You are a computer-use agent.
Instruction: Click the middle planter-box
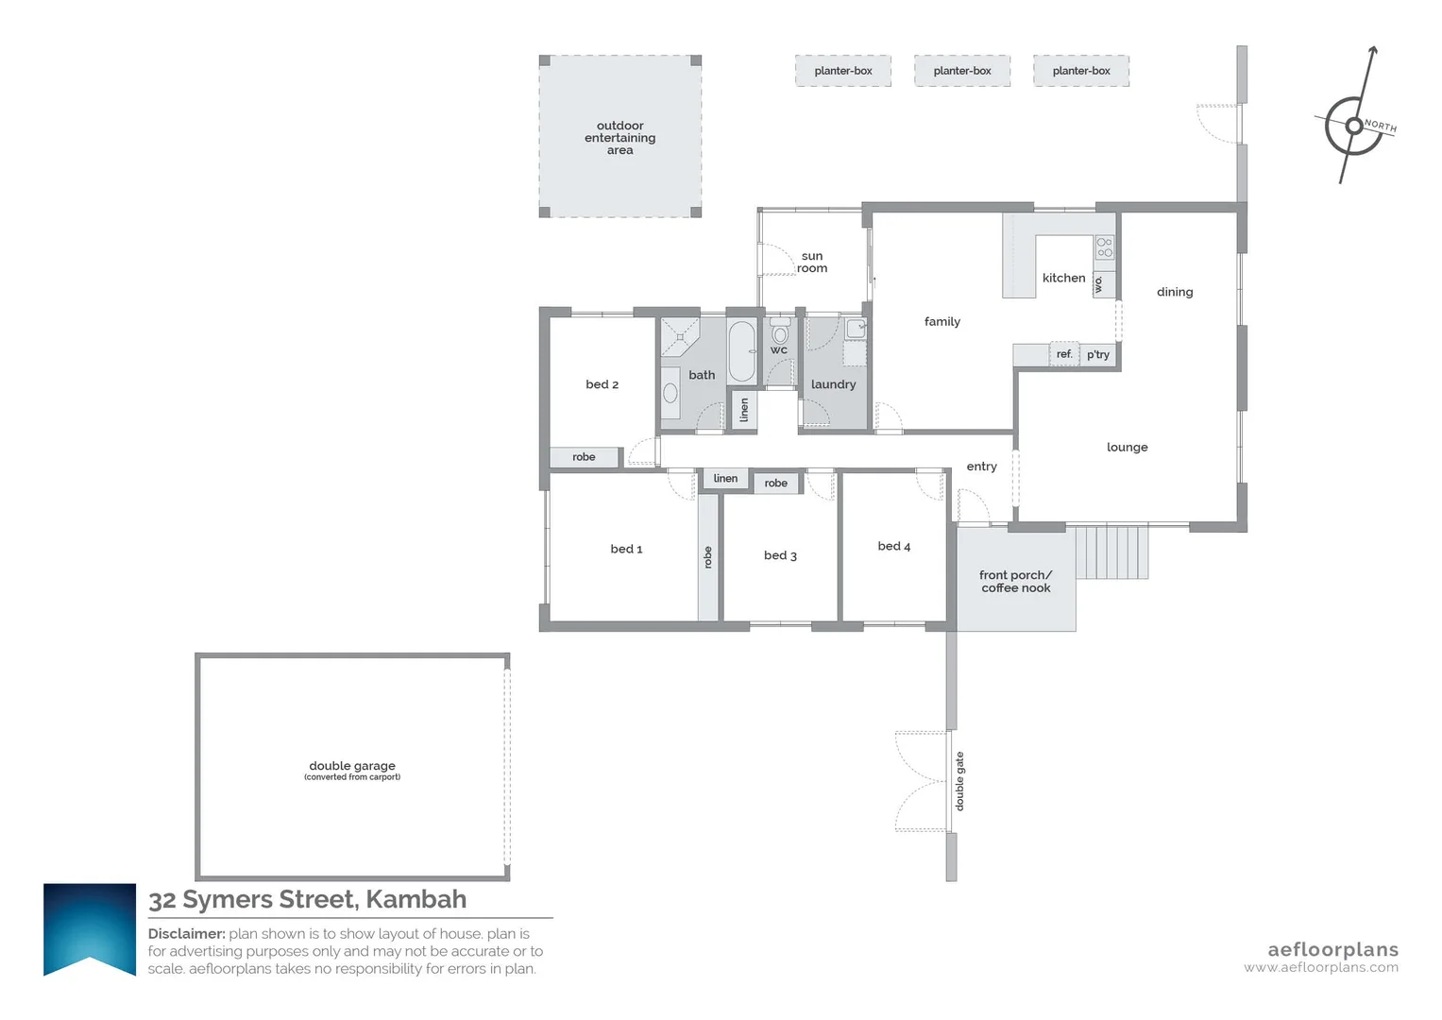tap(961, 71)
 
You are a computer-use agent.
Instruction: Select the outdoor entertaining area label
tap(619, 138)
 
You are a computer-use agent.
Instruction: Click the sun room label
tap(812, 262)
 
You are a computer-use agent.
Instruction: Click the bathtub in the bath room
tap(742, 352)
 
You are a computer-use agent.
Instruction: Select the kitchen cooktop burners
tap(1104, 247)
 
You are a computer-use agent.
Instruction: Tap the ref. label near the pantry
tap(1064, 354)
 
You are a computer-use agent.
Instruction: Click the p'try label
tap(1097, 355)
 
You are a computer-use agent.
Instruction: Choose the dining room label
tap(1175, 292)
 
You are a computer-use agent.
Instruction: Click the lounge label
tap(1127, 447)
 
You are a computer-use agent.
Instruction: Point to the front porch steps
tap(1111, 552)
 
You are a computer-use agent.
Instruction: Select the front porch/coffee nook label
tap(1015, 581)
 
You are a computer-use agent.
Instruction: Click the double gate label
tap(959, 781)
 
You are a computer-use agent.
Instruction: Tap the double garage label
tap(352, 766)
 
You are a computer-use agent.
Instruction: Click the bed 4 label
tap(893, 546)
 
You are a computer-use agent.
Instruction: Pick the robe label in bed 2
tap(584, 457)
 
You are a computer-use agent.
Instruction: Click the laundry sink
tap(855, 329)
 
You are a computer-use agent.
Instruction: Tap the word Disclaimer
tap(186, 934)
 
